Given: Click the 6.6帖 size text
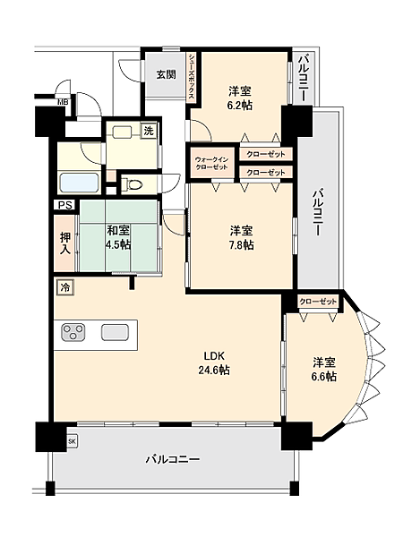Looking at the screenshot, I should tap(324, 377).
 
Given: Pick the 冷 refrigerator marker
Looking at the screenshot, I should tap(65, 287).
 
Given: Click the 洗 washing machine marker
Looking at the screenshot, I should tap(149, 132).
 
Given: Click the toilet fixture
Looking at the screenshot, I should tap(133, 185).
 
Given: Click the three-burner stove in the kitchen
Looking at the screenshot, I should tap(73, 334).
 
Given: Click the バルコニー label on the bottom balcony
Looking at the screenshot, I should tap(173, 459).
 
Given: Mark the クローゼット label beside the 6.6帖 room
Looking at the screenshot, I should tap(317, 302).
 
